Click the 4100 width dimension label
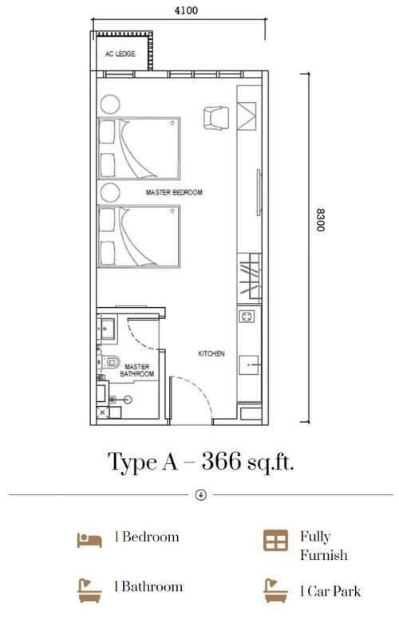186,10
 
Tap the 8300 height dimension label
321,220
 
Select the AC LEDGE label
120,53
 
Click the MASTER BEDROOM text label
174,192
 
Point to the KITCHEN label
211,353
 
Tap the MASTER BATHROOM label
136,370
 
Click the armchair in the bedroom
215,118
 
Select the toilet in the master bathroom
110,362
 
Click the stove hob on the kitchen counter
247,316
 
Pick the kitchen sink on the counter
249,365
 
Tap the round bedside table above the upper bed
110,104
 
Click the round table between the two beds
110,192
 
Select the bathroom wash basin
108,328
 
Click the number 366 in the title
221,461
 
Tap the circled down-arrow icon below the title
201,494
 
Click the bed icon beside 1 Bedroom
89,541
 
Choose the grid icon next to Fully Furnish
275,541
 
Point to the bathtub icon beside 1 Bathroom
89,590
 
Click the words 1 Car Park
330,591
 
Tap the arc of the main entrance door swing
203,390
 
